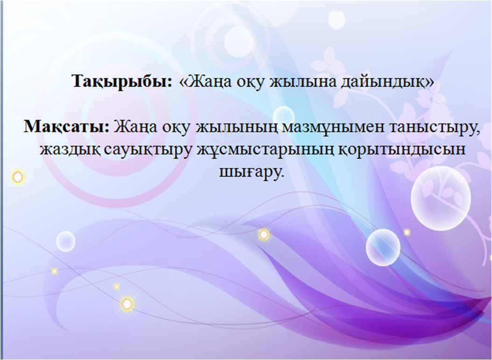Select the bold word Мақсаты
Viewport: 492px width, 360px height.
tap(66, 127)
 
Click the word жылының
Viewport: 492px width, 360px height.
tap(232, 128)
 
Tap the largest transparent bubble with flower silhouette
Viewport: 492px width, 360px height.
tap(441, 198)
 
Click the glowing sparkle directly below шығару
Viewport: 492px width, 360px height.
tap(264, 234)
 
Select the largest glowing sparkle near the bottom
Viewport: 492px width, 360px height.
tap(127, 304)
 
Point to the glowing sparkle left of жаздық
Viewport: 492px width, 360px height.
tap(18, 177)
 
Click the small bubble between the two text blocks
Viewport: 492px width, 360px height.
tap(284, 115)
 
